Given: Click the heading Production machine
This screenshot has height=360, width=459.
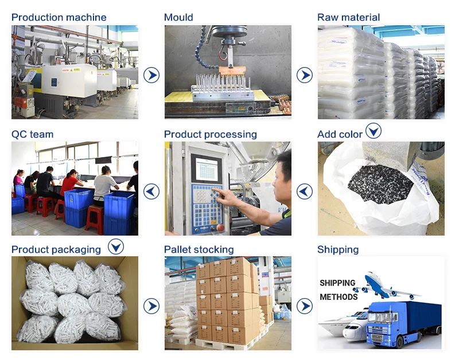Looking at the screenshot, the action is click(x=59, y=17).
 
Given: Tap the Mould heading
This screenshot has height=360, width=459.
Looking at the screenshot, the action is click(x=178, y=17).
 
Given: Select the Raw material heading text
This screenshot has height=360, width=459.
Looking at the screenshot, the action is click(x=348, y=17).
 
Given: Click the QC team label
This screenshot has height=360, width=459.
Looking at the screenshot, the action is click(x=32, y=134).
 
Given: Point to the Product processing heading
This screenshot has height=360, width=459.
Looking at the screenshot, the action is click(x=210, y=134).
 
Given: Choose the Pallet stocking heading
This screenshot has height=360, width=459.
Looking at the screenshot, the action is click(x=199, y=249).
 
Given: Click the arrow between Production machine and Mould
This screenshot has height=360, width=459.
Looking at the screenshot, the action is click(x=151, y=75).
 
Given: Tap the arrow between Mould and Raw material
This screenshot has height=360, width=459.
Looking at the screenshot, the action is click(x=305, y=75).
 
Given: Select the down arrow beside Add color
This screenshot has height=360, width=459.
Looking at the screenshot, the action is click(x=374, y=131).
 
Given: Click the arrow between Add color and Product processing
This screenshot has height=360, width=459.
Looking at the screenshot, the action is click(x=305, y=191).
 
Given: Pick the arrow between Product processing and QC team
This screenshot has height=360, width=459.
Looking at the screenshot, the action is click(x=151, y=191).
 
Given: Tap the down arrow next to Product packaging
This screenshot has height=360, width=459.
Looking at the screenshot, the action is click(x=116, y=246).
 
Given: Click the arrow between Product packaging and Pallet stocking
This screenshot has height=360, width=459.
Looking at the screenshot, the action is click(x=151, y=306).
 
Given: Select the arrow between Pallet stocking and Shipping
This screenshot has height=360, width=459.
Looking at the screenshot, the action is click(x=305, y=306).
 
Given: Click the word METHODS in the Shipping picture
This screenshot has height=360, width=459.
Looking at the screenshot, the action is click(x=339, y=297).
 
